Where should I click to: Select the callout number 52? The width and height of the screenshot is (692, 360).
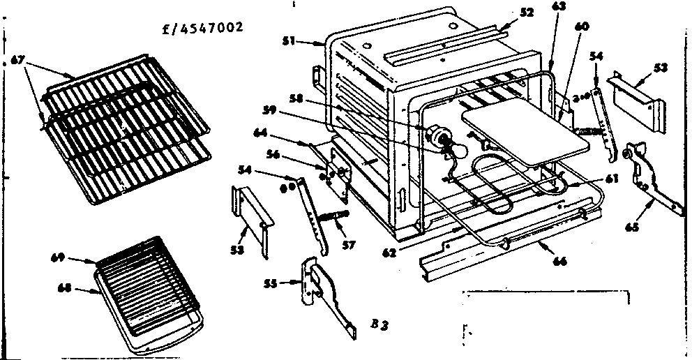tap(527, 13)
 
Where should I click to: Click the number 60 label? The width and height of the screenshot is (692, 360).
tap(582, 26)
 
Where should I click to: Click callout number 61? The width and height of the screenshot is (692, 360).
tap(611, 179)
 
